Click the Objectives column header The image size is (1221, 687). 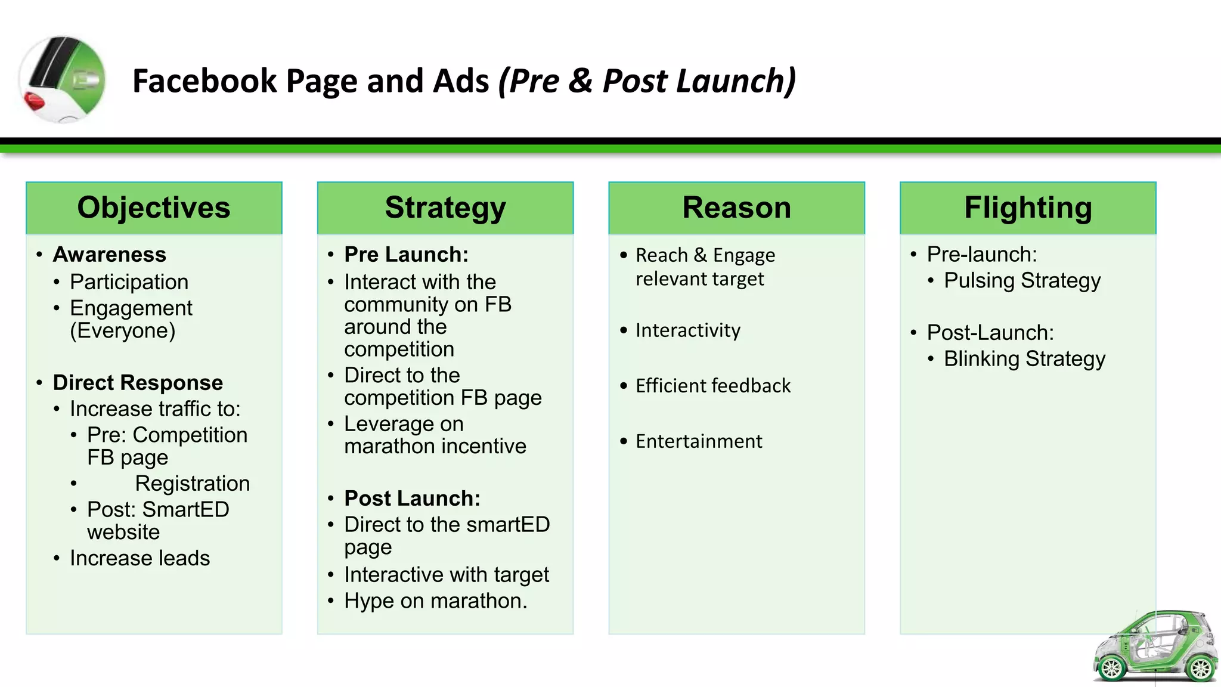(154, 208)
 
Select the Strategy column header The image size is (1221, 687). (445, 208)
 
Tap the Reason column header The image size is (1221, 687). (736, 208)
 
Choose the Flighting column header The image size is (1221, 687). (1028, 208)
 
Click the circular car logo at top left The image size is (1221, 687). (63, 79)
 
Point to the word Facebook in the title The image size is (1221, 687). (204, 81)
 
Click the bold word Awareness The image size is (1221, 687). (110, 255)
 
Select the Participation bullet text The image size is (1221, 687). (129, 282)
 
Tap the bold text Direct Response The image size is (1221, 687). (138, 382)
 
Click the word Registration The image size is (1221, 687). (192, 484)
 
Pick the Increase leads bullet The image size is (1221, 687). (140, 558)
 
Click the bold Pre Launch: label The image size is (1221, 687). (407, 255)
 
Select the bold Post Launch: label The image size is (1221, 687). (412, 499)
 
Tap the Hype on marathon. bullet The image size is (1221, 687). (435, 601)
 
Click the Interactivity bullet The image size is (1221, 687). (687, 330)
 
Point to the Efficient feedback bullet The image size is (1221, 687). (713, 386)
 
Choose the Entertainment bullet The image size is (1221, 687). (699, 441)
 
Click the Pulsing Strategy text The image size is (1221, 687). (1022, 281)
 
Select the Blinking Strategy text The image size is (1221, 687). (1024, 359)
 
